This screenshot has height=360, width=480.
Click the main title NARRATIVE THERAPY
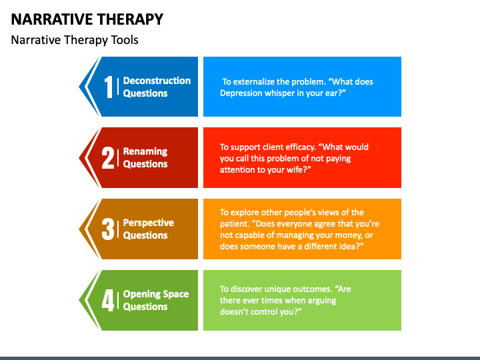87,19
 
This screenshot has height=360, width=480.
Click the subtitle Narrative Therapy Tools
75,40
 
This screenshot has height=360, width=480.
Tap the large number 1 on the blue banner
109,87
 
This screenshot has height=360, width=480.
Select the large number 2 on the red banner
108,158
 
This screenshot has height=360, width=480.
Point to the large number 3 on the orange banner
108,229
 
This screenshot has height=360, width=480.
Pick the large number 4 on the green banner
108,300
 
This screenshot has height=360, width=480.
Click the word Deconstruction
157,81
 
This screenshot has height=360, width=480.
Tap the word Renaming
145,151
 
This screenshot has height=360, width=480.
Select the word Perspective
149,223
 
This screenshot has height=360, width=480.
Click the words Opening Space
156,294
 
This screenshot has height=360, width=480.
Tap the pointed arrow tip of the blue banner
79,87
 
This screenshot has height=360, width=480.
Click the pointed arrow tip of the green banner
79,300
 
